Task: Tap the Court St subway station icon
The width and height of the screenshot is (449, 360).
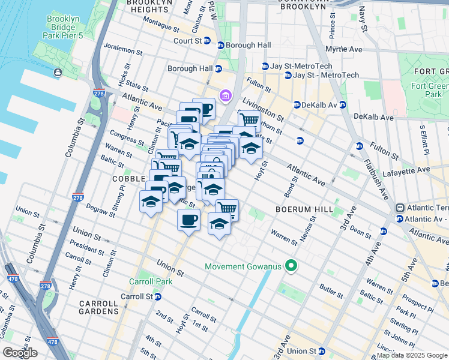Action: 207,41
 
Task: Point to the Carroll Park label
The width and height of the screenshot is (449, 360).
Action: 151,281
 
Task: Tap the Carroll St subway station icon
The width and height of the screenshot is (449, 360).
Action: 157,296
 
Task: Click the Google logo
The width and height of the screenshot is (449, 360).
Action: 20,353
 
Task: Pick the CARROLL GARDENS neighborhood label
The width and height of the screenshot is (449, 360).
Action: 99,307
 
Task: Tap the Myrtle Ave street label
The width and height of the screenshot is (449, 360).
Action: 346,49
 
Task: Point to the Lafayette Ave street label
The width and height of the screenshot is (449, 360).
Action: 424,170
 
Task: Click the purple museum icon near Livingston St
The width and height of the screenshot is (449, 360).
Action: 226,95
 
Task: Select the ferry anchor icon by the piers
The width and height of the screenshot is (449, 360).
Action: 58,73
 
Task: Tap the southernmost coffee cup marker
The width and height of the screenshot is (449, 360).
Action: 188,220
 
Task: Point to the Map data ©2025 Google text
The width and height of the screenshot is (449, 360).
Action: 411,355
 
